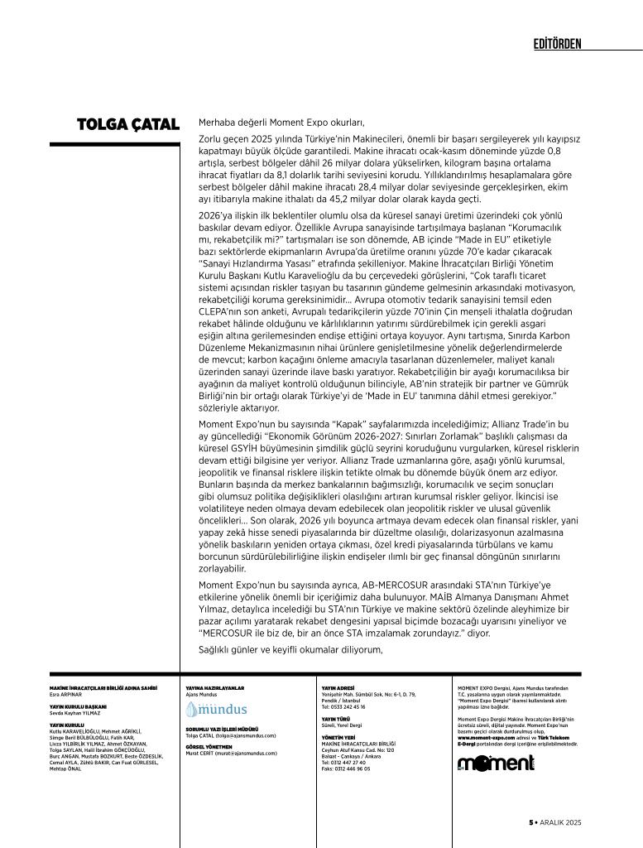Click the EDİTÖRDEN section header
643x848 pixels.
[x=557, y=43]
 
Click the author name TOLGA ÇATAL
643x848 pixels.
[x=127, y=125]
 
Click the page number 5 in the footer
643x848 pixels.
[x=531, y=821]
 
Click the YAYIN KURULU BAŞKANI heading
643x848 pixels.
[x=84, y=706]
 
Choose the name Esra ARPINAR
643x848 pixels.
[x=68, y=693]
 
